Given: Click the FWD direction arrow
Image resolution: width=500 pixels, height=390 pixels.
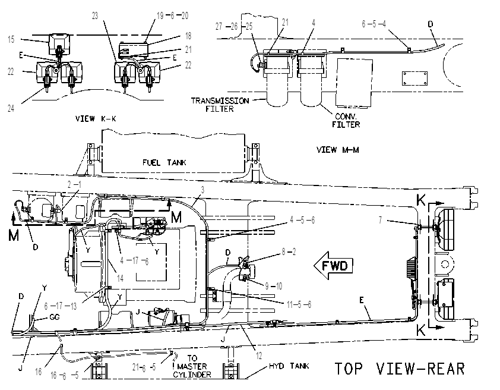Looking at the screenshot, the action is [334, 266].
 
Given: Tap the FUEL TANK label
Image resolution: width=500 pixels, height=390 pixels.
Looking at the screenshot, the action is [164, 163].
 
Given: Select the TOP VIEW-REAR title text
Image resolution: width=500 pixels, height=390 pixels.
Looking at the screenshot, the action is [400, 369].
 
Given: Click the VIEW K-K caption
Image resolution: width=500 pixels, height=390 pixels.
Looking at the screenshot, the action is [96, 119].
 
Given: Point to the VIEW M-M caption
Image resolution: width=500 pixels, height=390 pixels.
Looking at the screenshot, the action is [338, 150].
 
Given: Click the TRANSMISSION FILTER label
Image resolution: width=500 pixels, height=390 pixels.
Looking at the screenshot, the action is [220, 105].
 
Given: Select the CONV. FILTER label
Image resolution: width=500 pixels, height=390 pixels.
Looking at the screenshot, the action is [346, 120].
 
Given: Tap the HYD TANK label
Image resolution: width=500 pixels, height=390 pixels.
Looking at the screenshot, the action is [289, 366].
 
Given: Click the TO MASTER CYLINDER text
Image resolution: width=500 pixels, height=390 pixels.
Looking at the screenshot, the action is [192, 366].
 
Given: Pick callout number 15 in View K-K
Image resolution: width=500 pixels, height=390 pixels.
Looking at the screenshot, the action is [11, 40].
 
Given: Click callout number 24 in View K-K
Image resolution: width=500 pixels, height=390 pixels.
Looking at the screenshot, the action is [11, 109].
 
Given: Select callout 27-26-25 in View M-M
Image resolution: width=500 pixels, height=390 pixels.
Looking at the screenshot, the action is [234, 27].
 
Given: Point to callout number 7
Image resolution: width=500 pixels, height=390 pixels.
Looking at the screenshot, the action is [380, 220].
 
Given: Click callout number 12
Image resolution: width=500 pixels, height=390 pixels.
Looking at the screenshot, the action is [259, 355].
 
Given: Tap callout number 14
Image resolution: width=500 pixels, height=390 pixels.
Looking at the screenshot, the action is [120, 278].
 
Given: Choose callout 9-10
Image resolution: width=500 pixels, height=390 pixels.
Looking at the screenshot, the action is [274, 287].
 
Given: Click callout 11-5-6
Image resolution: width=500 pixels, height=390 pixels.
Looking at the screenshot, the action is [299, 304].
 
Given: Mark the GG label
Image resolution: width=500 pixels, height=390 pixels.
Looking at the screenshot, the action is [55, 317].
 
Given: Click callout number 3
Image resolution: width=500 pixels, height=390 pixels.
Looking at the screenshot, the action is [202, 190].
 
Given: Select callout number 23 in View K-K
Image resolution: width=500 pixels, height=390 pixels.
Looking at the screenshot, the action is [95, 15].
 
